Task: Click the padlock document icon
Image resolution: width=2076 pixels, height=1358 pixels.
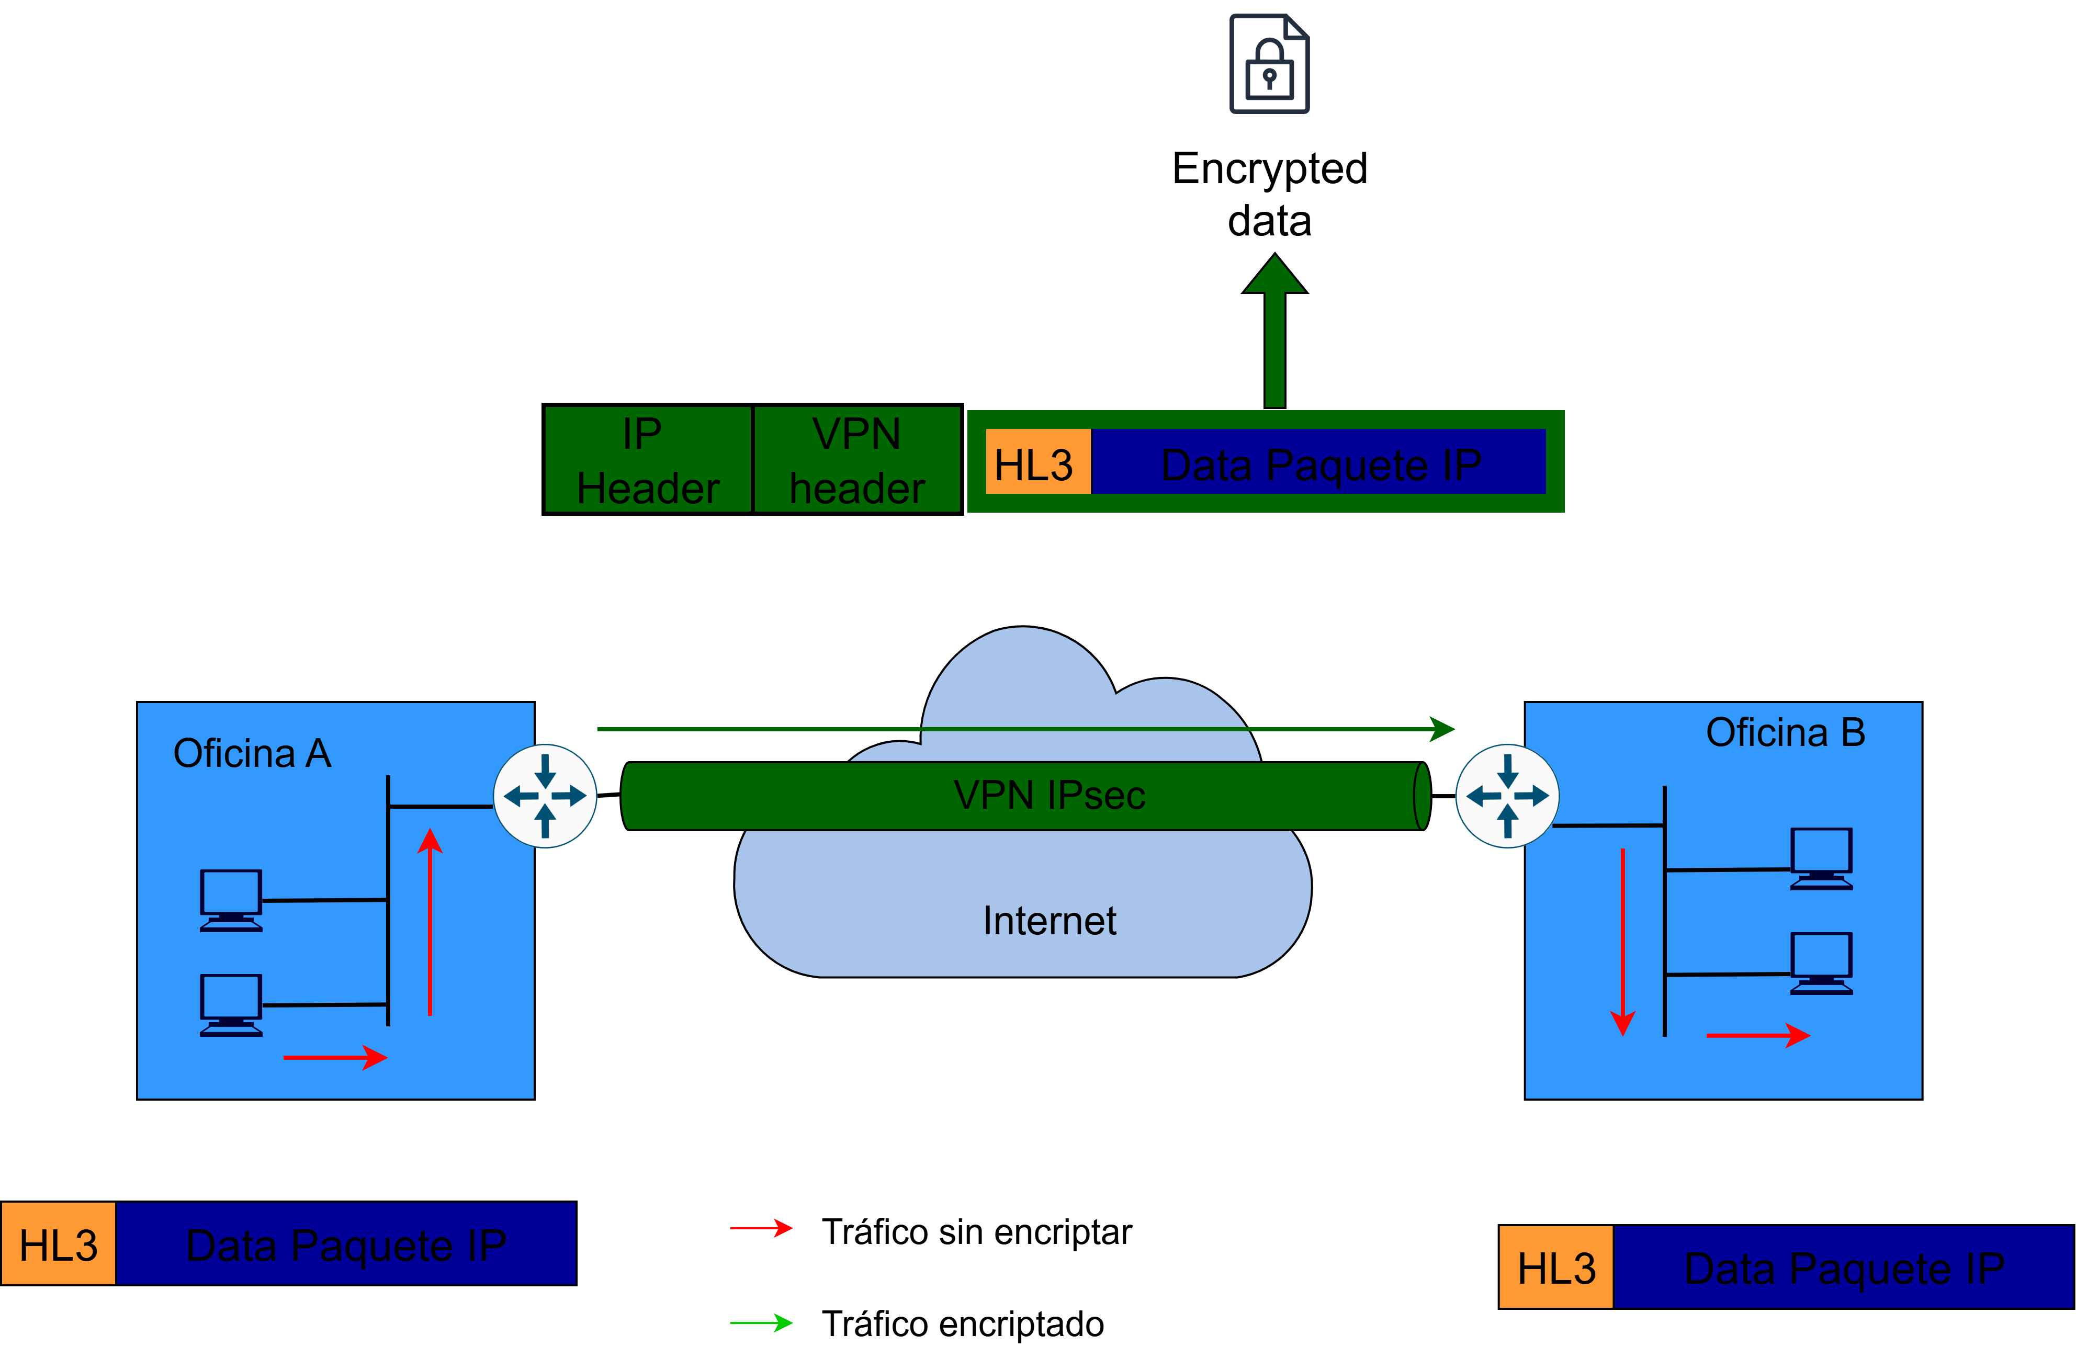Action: (x=1269, y=64)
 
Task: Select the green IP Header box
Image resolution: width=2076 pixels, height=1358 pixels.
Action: (x=647, y=460)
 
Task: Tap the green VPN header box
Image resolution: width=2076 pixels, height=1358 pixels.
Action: (x=856, y=460)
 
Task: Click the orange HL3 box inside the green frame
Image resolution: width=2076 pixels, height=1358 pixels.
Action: (x=1037, y=462)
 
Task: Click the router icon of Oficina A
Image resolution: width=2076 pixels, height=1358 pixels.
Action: (x=545, y=796)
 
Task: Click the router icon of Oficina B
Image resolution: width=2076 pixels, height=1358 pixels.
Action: (x=1507, y=796)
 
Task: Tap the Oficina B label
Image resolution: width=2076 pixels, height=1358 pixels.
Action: (x=1785, y=733)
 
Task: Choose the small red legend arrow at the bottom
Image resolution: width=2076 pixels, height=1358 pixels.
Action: (x=761, y=1228)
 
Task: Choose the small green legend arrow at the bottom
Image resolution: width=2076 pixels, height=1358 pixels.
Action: (x=761, y=1323)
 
